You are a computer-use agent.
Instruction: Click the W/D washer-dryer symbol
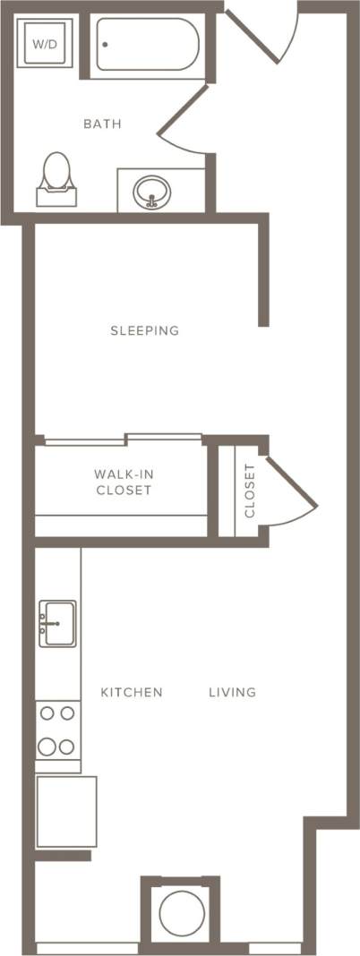(x=41, y=44)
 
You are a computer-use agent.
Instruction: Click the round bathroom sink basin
(x=151, y=191)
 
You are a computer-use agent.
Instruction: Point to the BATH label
(x=102, y=124)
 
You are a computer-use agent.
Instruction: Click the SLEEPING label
(x=144, y=331)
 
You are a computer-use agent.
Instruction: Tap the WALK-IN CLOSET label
(x=123, y=482)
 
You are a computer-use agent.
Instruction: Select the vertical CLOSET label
(x=250, y=491)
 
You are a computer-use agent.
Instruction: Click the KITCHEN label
(x=131, y=692)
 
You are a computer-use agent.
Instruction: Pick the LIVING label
(x=233, y=692)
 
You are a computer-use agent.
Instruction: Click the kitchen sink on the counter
(x=57, y=621)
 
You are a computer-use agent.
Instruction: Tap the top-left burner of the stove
(x=47, y=713)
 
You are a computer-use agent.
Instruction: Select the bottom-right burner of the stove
(x=67, y=747)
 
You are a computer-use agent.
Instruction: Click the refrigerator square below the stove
(x=66, y=811)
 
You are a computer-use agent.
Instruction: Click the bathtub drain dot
(x=105, y=44)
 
